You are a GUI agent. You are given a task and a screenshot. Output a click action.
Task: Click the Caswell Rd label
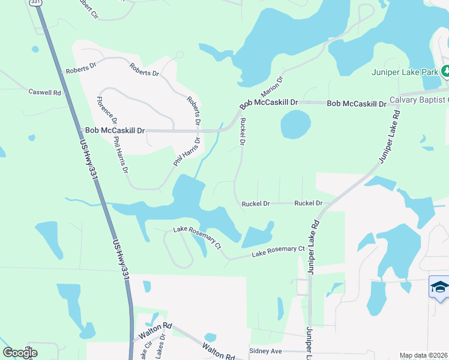(x=45, y=92)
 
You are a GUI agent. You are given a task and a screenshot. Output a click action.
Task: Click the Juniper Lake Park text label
(x=405, y=72)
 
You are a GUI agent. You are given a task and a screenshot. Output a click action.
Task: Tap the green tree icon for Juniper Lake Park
(x=445, y=71)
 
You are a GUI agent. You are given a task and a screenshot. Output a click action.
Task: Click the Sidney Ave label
(x=265, y=351)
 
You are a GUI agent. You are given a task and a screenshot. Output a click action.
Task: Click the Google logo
(x=20, y=352)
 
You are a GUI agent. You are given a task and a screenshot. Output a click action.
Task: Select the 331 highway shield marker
(x=36, y=2)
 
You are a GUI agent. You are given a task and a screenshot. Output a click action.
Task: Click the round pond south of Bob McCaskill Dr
(x=295, y=125)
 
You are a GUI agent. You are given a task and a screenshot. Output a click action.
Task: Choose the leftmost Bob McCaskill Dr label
(x=115, y=130)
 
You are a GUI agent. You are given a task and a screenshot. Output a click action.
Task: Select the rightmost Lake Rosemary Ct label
(x=279, y=251)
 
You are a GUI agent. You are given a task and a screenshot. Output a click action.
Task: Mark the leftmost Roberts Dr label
(x=81, y=68)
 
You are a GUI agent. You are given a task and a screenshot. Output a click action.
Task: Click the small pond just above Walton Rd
(x=210, y=337)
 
